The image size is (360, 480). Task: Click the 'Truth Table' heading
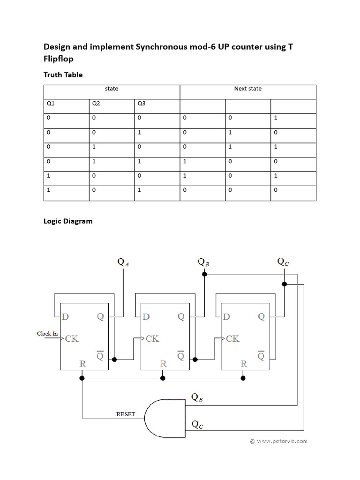point(63,75)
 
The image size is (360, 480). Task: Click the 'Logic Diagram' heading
point(68,221)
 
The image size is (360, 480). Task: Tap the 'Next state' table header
point(247,89)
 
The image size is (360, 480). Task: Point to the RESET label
point(126,414)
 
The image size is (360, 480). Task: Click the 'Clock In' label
point(47,334)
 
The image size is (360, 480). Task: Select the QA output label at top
point(123,262)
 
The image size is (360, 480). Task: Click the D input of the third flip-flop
point(226,317)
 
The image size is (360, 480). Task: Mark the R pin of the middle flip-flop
point(163,363)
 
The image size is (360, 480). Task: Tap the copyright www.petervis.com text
point(278,441)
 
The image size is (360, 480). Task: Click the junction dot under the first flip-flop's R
point(82,377)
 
